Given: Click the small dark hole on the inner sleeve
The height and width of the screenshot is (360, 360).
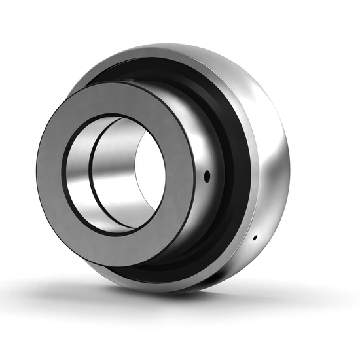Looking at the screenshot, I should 207,175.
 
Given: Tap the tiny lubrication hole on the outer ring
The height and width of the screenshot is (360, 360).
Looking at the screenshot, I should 255,237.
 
